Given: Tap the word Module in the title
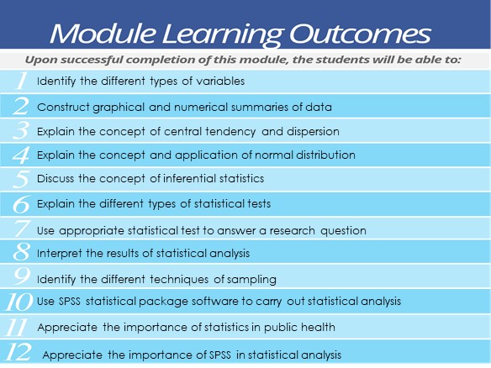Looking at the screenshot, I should tap(102, 34).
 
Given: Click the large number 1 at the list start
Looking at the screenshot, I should tap(19, 82).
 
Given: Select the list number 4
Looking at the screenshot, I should tap(21, 155).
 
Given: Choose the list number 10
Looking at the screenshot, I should tap(18, 301).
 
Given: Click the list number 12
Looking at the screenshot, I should tap(18, 352).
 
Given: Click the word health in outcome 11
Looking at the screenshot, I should tap(317, 327).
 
